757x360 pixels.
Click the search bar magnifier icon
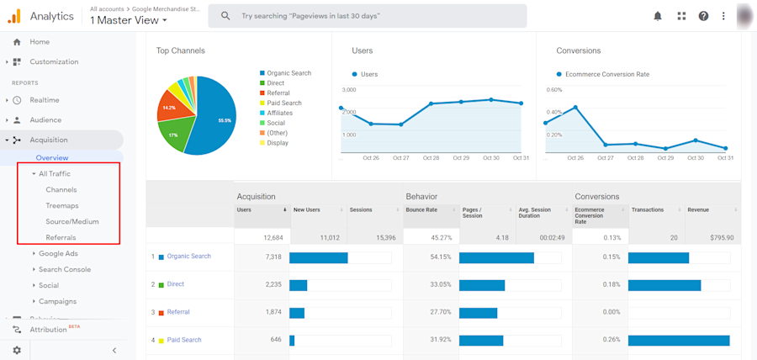point(225,16)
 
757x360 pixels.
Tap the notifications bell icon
point(658,16)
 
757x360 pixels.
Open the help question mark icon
point(703,16)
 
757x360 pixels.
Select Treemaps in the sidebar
point(61,205)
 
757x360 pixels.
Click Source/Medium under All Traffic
point(71,221)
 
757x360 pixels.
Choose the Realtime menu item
point(45,100)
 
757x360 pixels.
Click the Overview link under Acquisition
point(52,158)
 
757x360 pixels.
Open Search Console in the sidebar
point(64,269)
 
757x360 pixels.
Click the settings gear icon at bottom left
point(17,350)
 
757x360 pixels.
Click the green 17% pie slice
point(174,135)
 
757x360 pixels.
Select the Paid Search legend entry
point(283,103)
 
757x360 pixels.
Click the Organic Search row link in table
point(188,256)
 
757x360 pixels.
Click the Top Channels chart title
point(180,50)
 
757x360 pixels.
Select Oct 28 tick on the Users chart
point(431,157)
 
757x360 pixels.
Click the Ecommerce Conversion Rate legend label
point(606,74)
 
